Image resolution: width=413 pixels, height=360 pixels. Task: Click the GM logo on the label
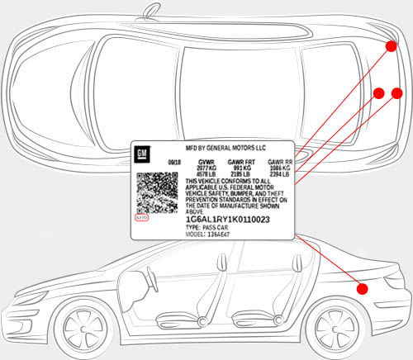[x=142, y=154]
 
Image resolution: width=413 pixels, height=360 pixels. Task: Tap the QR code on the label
[x=157, y=192]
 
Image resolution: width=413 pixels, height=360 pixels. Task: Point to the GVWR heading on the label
[x=207, y=162]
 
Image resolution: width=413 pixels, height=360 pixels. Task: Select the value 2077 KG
[x=207, y=168]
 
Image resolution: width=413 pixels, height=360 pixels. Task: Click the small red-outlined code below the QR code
[x=142, y=218]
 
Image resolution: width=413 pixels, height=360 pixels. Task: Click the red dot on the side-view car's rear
[x=361, y=288]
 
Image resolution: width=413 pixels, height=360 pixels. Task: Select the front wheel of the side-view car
[x=82, y=327]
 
